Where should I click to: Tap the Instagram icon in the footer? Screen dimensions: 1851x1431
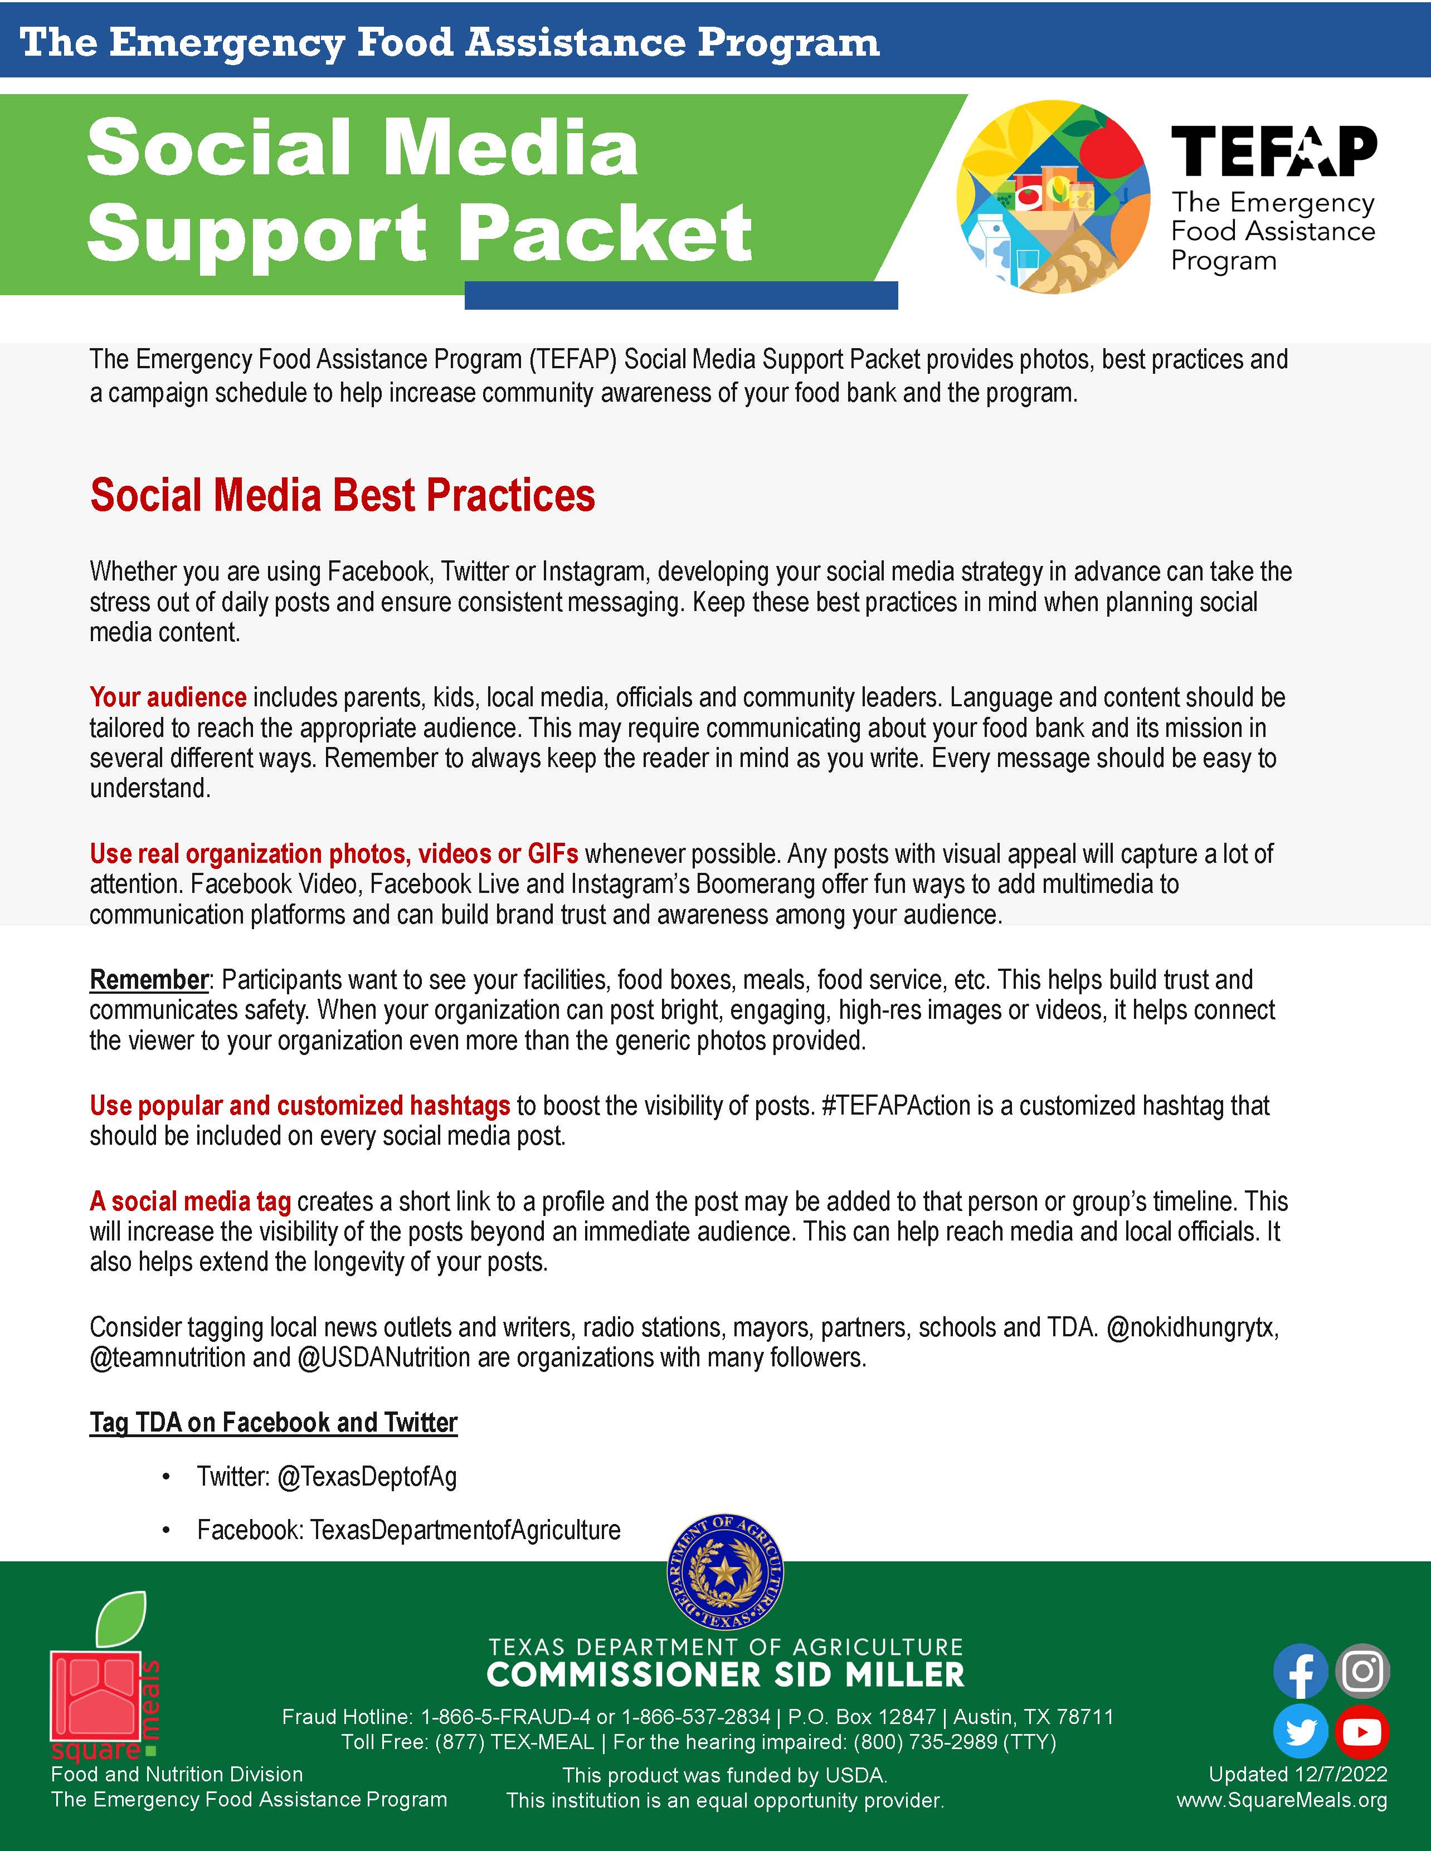(1362, 1671)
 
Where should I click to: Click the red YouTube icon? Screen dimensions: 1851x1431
(1362, 1731)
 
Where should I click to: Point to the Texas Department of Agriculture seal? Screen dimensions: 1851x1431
(725, 1573)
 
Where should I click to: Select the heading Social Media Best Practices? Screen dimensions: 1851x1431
(343, 496)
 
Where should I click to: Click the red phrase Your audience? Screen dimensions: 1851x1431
(168, 697)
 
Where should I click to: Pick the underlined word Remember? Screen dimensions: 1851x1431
(148, 980)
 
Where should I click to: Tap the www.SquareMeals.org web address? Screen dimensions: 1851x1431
(1282, 1800)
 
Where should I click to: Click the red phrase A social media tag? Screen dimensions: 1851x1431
(190, 1202)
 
